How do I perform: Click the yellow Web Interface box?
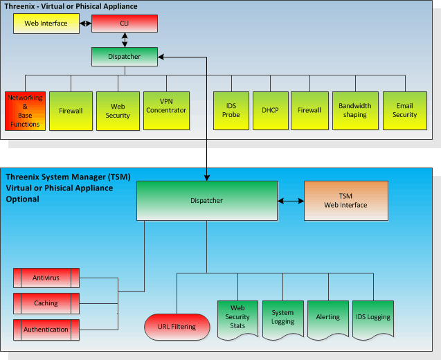[x=46, y=23]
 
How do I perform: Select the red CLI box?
[x=125, y=23]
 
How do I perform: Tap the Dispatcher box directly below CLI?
[x=125, y=57]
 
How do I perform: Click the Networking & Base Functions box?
[x=25, y=111]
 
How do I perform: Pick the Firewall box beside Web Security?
[x=71, y=111]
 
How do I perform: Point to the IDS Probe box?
[x=231, y=111]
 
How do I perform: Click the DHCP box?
[x=270, y=111]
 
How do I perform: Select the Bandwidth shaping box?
[x=355, y=111]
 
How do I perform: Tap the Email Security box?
[x=404, y=111]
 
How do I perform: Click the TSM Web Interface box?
[x=346, y=201]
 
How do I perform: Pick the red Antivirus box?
[x=46, y=278]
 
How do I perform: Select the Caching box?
[x=46, y=303]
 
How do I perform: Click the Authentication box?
[x=46, y=329]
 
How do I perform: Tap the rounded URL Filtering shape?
[x=177, y=326]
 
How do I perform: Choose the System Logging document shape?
[x=282, y=318]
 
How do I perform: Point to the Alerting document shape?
[x=327, y=318]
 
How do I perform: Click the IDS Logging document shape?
[x=372, y=318]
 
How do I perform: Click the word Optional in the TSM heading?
[x=22, y=199]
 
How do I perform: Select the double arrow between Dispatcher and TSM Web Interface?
[x=291, y=201]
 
